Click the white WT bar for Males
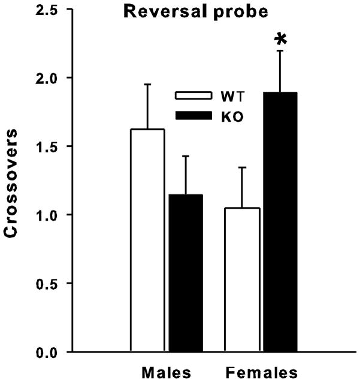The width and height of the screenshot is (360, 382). (147, 240)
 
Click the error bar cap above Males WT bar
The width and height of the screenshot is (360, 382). (147, 85)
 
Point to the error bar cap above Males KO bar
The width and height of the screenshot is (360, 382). (186, 157)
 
